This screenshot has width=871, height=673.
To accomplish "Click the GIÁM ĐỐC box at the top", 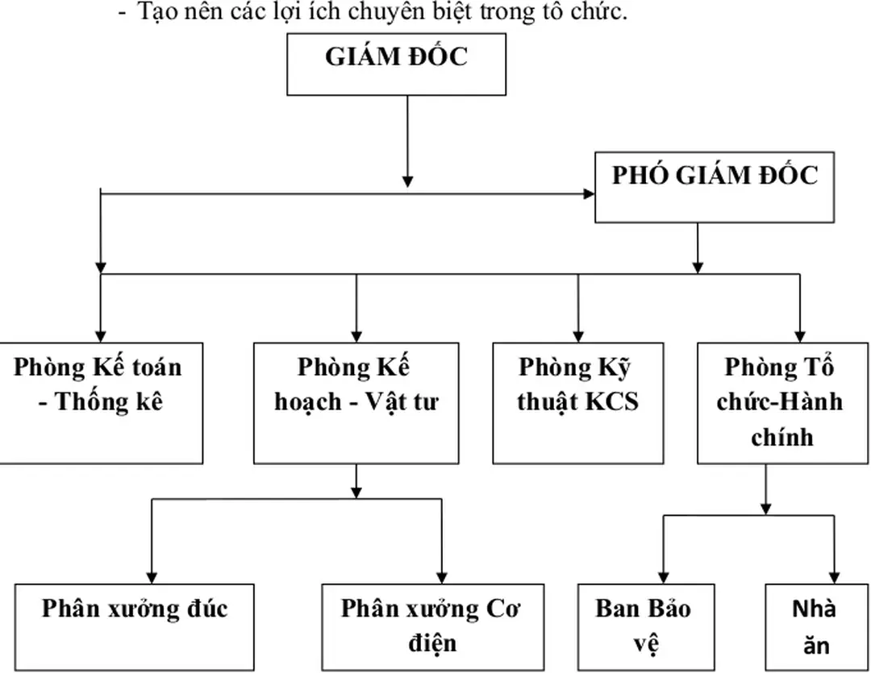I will (x=397, y=64).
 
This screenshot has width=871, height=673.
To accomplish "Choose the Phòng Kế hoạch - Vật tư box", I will (x=356, y=402).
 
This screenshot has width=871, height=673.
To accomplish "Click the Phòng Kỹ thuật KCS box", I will (x=578, y=402).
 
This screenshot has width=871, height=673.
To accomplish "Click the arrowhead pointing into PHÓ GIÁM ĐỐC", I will (x=589, y=194).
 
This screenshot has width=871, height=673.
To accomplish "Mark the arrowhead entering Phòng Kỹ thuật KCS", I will (x=578, y=334).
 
